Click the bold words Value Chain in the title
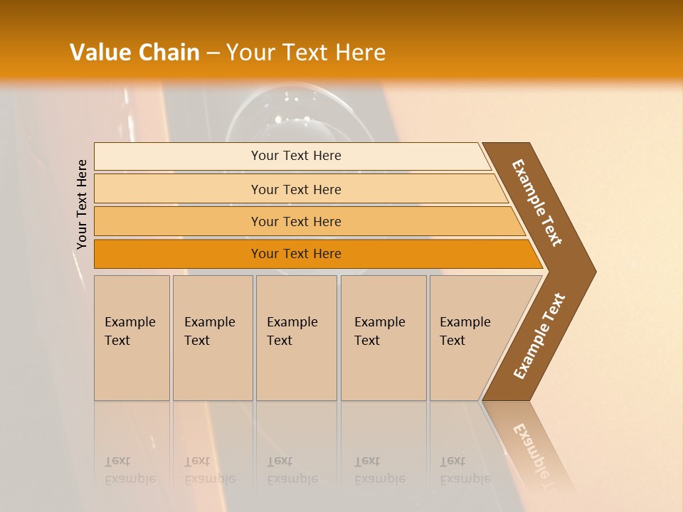pos(134,53)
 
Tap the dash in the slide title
pos(213,53)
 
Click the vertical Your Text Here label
pos(82,204)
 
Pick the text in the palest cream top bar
pos(296,156)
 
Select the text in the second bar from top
pos(296,189)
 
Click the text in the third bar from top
pos(296,221)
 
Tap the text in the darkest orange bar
pos(296,254)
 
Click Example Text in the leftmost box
pos(129,331)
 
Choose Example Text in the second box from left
pos(209,331)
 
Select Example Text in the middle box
pos(292,331)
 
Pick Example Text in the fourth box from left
pos(379,331)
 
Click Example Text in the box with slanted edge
pos(465,331)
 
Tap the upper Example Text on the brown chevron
pos(537,203)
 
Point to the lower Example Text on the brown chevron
pos(539,336)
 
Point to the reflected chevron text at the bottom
pos(534,455)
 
